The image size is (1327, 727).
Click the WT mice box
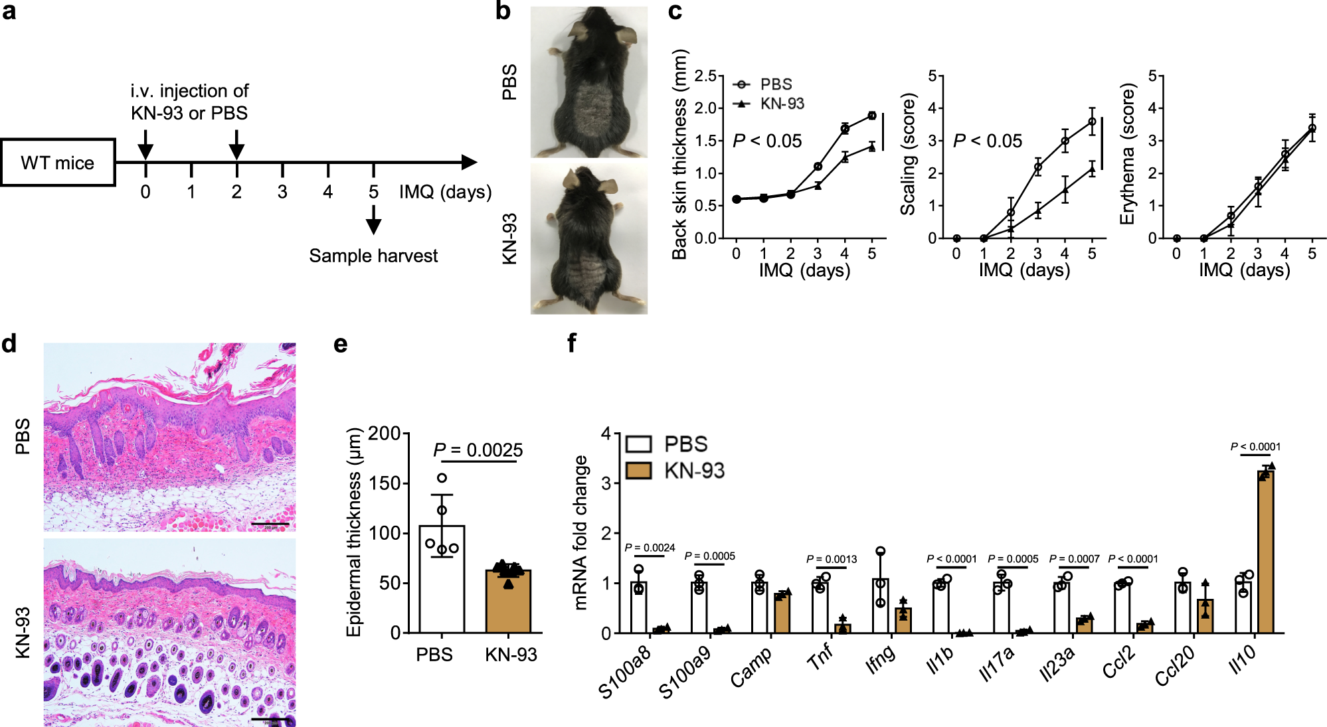pos(58,163)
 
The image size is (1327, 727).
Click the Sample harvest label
pos(373,256)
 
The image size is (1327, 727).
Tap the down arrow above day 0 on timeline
pos(145,145)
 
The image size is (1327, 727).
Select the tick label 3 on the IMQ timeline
pos(282,192)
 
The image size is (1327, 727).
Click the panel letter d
pos(9,344)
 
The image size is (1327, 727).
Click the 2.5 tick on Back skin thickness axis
pos(705,76)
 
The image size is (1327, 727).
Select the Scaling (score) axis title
pos(908,154)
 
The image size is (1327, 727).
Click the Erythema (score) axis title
pos(1127,154)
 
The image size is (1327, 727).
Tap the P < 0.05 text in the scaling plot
pos(988,141)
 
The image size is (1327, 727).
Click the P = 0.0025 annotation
pos(478,450)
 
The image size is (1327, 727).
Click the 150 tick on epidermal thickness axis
pos(385,483)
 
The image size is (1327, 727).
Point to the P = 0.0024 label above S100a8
pos(650,548)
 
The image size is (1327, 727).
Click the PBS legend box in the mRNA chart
pos(639,444)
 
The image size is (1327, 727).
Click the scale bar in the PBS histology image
pos(270,525)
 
